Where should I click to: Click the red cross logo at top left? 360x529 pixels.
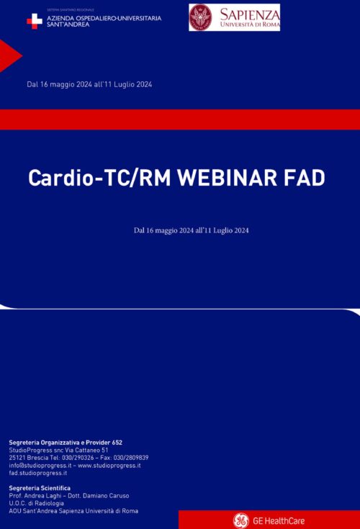[x=35, y=21]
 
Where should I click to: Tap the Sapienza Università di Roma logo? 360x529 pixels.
[x=234, y=18]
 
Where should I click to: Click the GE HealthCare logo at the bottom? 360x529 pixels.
[x=269, y=520]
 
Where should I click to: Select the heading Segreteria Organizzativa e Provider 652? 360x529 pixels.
[x=71, y=442]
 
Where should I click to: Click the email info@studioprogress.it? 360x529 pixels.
[x=39, y=466]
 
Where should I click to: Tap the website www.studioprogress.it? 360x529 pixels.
[x=109, y=466]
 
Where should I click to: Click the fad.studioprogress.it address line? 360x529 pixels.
[x=38, y=474]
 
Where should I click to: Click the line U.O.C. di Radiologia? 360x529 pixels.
[x=37, y=504]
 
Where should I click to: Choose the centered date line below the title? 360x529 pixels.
[x=192, y=230]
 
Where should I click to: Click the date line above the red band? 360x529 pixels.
[x=89, y=84]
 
